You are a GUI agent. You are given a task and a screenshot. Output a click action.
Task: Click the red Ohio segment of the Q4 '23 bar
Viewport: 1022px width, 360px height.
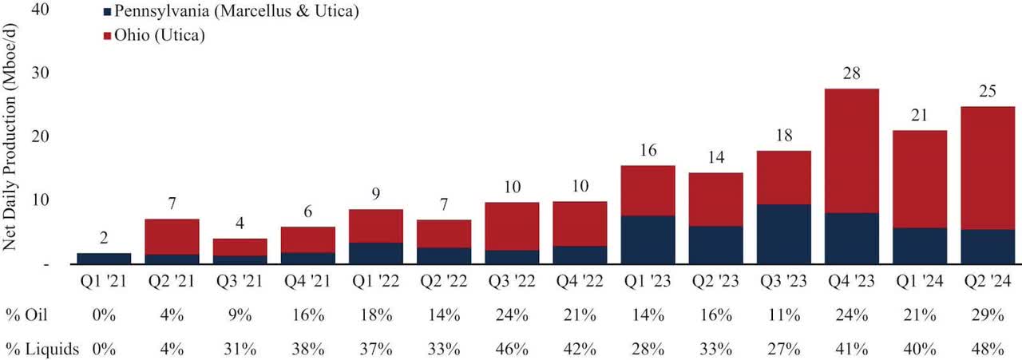(851, 151)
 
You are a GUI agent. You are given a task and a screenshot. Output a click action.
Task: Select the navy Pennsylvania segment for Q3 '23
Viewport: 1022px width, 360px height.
(783, 234)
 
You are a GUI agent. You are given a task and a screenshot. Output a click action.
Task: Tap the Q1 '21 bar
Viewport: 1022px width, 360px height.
(104, 258)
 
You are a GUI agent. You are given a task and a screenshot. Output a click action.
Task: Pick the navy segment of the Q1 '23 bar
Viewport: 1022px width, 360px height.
(647, 239)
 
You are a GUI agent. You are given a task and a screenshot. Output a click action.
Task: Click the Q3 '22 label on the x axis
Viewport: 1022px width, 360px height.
(511, 283)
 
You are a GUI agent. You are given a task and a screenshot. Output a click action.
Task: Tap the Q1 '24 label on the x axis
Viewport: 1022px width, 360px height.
(920, 283)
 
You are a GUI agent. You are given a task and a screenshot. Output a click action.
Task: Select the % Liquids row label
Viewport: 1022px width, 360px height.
(39, 349)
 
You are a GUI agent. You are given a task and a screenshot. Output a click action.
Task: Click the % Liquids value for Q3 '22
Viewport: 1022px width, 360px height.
(511, 349)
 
